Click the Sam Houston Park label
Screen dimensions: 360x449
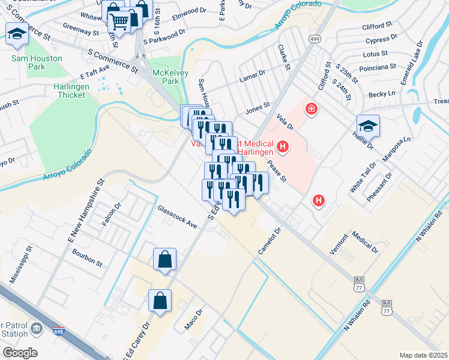pos(28,62)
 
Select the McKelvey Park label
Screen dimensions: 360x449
pos(166,77)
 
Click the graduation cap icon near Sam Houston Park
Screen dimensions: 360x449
pos(17,35)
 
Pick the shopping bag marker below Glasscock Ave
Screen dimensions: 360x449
pos(164,260)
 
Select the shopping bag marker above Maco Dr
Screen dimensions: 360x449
pos(160,302)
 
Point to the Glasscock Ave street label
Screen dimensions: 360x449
pos(177,217)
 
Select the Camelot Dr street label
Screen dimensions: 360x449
pos(270,241)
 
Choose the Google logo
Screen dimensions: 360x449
pos(20,353)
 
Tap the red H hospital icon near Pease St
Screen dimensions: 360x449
pos(319,201)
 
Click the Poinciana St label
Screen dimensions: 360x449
pos(375,68)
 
